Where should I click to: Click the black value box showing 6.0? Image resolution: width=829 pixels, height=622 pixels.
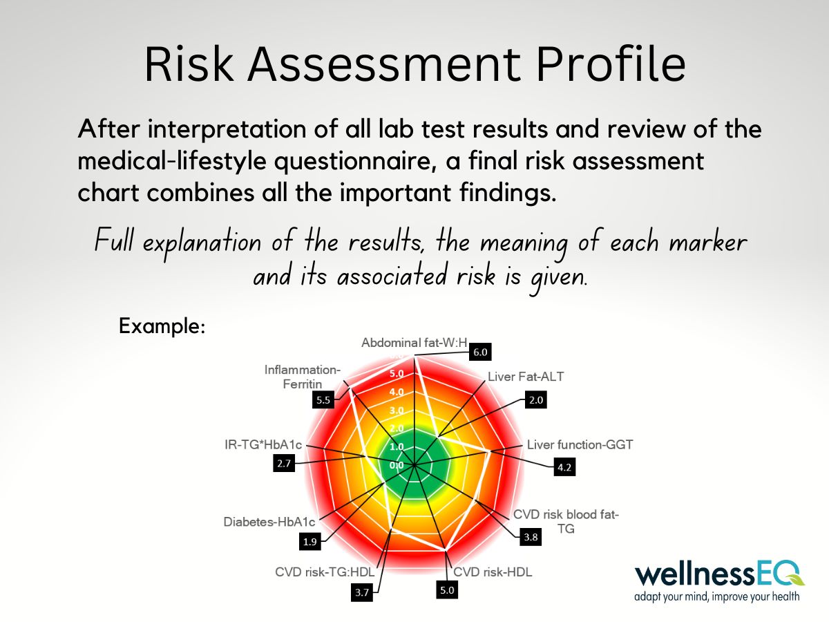click(x=480, y=352)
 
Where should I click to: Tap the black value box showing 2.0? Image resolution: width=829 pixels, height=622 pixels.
click(x=536, y=400)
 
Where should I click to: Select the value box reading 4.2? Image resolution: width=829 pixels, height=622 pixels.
click(x=564, y=467)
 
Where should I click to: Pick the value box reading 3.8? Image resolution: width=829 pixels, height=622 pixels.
click(x=531, y=537)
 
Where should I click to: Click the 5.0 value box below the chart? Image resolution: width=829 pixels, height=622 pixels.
click(x=447, y=590)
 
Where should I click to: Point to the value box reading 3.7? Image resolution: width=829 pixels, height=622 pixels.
click(x=362, y=592)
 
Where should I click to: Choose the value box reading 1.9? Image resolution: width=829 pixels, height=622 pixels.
click(x=310, y=542)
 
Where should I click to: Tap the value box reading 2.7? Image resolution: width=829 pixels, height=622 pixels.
click(x=284, y=463)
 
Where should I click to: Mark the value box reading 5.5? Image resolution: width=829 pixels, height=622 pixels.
click(x=323, y=399)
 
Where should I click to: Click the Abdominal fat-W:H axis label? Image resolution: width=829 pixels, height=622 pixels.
click(x=414, y=343)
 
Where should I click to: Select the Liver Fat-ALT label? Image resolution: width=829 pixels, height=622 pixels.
click(x=526, y=377)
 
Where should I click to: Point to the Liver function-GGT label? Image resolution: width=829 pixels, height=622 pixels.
click(x=580, y=444)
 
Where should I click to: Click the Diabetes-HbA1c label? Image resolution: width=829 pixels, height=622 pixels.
click(x=269, y=522)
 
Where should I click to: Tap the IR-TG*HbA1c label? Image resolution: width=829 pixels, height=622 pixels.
click(x=263, y=444)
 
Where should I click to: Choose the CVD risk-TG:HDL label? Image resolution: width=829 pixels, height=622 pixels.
click(x=325, y=572)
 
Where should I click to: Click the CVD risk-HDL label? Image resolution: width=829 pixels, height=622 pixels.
click(x=493, y=572)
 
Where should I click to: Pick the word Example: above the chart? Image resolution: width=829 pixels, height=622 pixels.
click(x=162, y=326)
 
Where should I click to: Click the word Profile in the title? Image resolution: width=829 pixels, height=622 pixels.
click(x=610, y=64)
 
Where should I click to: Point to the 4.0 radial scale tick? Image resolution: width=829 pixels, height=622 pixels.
click(x=397, y=392)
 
